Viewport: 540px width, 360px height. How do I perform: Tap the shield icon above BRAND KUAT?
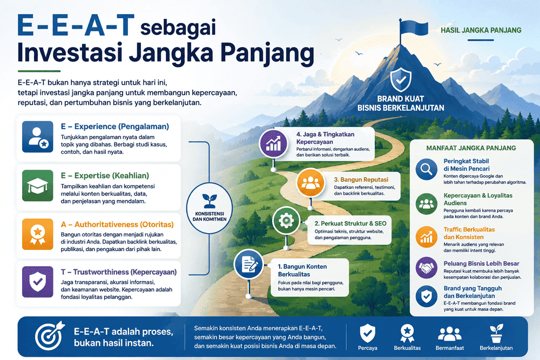coord(401,79)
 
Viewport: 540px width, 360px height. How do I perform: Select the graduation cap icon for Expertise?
coord(38,186)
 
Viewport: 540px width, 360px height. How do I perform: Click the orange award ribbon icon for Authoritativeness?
coord(38,234)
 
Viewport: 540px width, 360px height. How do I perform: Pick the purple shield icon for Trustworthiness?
coord(38,282)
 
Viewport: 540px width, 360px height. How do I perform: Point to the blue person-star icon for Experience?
coord(38,137)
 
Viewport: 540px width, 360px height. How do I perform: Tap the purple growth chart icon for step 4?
coord(273,144)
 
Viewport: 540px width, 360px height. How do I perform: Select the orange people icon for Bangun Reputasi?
coord(310,183)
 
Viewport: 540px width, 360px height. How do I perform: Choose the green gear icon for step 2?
coord(286,221)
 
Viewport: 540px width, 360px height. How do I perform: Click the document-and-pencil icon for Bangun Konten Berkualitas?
coord(248,264)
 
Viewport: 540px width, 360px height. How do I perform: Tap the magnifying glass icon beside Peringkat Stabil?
coord(427,169)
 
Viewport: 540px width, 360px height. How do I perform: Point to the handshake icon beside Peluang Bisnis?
coord(427,267)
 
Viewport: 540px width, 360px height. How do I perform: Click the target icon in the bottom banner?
coord(50,336)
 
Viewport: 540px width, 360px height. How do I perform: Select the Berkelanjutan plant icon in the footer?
coord(496,333)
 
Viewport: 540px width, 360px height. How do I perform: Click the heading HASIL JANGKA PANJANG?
coord(481,30)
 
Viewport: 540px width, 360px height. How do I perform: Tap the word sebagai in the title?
coord(178,27)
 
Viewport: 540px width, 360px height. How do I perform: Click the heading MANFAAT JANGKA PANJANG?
coord(471,148)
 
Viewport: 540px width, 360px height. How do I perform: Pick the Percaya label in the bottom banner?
coord(367,348)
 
